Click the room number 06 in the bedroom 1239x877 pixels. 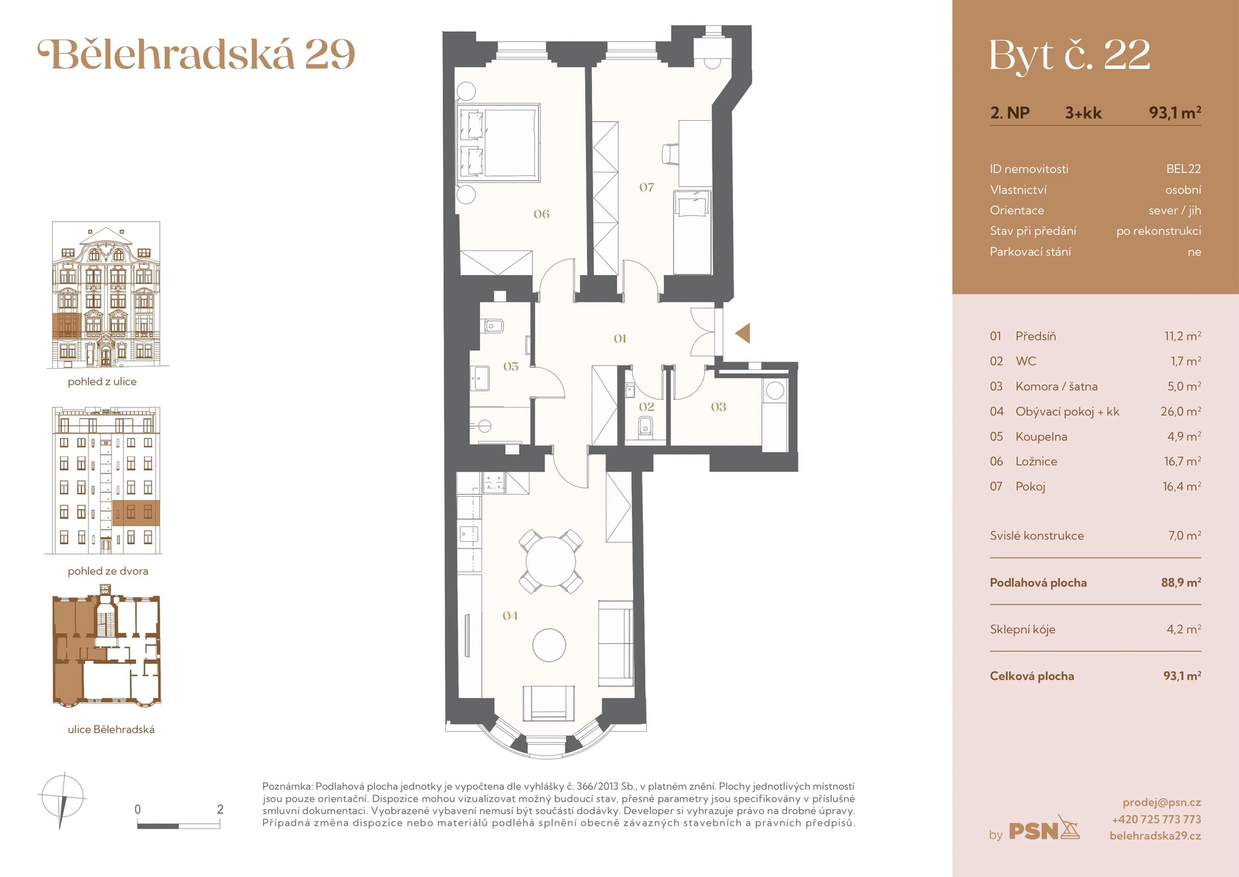[541, 214]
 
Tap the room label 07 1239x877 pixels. [647, 187]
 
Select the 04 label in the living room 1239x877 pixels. [510, 616]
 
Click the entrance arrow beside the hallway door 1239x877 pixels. [743, 333]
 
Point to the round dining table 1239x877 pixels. [550, 561]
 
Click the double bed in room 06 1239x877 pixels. [498, 142]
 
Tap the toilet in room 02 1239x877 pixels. [646, 427]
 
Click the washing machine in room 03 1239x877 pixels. [775, 391]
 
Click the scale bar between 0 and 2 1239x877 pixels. [179, 825]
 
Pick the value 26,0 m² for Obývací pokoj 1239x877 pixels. [1180, 411]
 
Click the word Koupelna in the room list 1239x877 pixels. [1041, 437]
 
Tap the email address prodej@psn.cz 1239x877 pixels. [1162, 802]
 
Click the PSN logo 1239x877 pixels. [1043, 831]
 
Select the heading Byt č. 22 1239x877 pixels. [1069, 56]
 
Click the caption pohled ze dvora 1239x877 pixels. [108, 571]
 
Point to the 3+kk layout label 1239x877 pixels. [1083, 113]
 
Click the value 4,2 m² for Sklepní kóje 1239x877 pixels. [1183, 629]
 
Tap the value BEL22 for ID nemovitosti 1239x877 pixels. [1183, 169]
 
